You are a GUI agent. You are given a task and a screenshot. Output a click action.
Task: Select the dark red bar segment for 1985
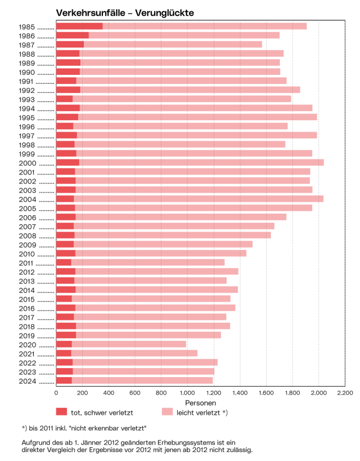pos(79,26)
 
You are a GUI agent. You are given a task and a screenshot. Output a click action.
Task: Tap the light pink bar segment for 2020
pos(129,344)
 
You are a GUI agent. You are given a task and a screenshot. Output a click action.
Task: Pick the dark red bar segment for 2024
pos(64,380)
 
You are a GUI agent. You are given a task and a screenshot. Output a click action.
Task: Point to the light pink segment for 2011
pos(148,262)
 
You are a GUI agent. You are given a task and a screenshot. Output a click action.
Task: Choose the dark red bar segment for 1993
pos(64,99)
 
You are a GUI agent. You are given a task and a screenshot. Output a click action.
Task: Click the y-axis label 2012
pos(26,272)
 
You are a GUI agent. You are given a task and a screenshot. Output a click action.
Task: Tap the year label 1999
pos(26,153)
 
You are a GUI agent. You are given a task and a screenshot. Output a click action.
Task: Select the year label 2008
pos(26,235)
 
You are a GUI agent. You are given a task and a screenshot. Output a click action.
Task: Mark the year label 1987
pos(26,45)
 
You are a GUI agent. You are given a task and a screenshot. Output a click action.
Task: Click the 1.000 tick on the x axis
pos(187,393)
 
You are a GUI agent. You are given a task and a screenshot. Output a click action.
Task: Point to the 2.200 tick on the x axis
pos(345,393)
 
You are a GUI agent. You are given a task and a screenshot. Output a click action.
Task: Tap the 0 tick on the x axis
pos(56,393)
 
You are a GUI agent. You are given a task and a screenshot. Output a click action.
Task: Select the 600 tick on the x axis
pos(135,393)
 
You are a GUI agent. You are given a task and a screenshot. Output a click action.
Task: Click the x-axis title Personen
pos(200,402)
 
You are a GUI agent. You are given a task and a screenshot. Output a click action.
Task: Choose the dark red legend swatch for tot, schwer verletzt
pos(62,411)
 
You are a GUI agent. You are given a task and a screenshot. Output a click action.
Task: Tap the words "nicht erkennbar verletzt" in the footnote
pos(113,428)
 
